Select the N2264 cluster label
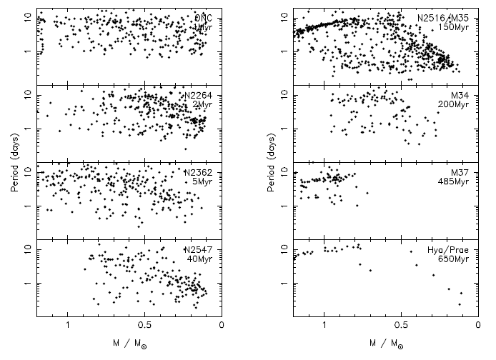point(199,96)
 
